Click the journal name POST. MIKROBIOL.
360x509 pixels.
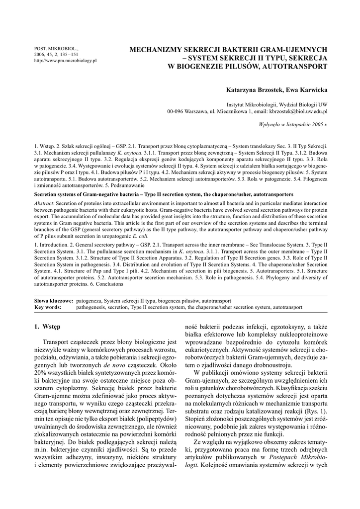tap(51, 48)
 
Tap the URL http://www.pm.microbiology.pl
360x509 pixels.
tap(65, 60)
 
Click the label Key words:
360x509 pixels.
tap(48, 307)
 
